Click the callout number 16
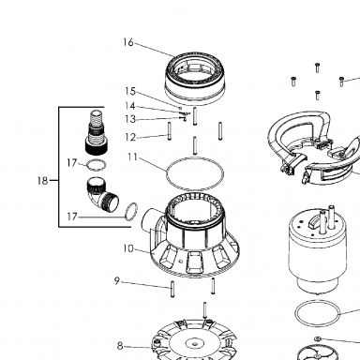click(128, 42)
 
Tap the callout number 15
click(130, 91)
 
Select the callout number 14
click(129, 106)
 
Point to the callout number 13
click(130, 119)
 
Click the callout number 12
click(130, 137)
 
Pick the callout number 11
click(133, 157)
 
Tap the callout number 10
click(128, 248)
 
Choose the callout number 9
click(117, 281)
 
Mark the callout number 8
click(120, 346)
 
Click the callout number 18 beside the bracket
click(42, 181)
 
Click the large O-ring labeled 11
click(195, 173)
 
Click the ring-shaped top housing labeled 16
click(195, 78)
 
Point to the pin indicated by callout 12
click(170, 131)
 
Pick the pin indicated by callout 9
click(172, 289)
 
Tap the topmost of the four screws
click(317, 67)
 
